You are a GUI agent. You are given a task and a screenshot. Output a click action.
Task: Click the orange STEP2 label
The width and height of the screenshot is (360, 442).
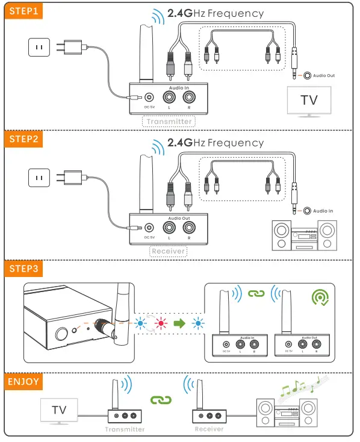pyautogui.click(x=25, y=139)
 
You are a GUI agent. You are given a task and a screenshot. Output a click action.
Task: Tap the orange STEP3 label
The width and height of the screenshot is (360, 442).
pyautogui.click(x=25, y=268)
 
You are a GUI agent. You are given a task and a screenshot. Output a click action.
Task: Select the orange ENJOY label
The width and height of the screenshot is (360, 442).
pyautogui.click(x=24, y=381)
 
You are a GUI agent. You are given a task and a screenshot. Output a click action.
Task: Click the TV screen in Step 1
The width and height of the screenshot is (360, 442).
pyautogui.click(x=309, y=99)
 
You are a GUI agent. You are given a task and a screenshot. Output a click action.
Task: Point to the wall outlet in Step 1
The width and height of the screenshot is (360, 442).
pyautogui.click(x=39, y=47)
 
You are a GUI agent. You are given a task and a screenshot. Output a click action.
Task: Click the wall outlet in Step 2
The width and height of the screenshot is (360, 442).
pyautogui.click(x=39, y=177)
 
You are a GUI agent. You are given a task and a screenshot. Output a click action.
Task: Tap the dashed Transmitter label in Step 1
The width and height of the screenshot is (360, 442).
pyautogui.click(x=169, y=122)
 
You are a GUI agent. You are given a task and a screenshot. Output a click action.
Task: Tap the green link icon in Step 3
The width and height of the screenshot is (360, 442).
pyautogui.click(x=257, y=294)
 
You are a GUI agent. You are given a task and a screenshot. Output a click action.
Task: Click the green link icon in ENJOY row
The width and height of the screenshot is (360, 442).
pyautogui.click(x=161, y=399)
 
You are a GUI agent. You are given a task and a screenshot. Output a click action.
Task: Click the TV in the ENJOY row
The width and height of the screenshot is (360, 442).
pyautogui.click(x=59, y=411)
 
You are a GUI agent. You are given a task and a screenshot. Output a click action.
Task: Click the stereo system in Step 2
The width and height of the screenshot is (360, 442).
pyautogui.click(x=303, y=235)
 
